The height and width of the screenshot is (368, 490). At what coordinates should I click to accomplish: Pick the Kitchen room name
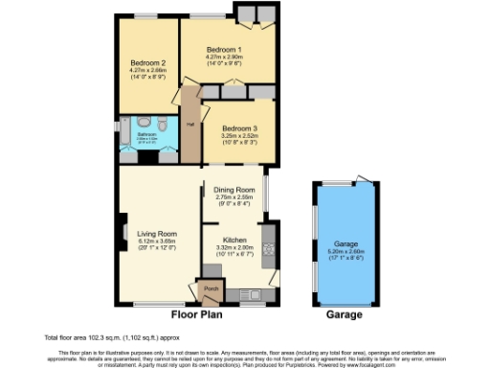pos(234,240)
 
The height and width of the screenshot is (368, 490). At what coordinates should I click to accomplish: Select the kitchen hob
pos(266,246)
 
